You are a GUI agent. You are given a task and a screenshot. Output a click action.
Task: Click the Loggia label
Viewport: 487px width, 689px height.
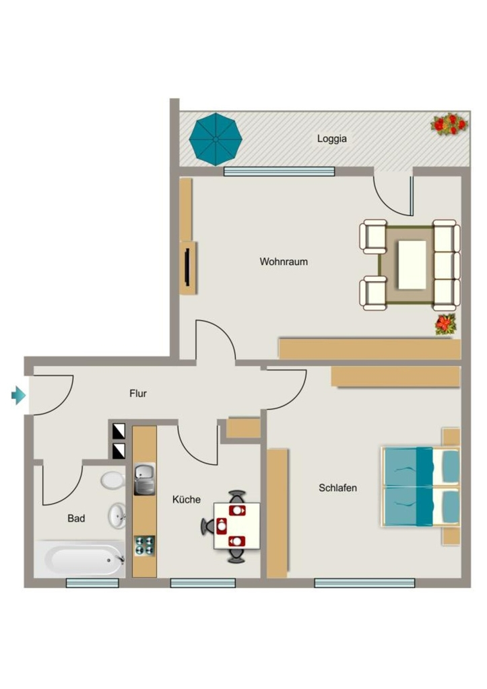331,139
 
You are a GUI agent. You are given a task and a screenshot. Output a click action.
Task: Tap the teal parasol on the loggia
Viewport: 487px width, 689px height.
216,139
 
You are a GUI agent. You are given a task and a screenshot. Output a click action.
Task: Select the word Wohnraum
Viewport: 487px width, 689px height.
284,262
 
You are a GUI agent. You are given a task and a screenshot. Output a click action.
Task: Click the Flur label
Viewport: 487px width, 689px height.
138,393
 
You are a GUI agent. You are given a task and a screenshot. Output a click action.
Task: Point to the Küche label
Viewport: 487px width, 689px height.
187,499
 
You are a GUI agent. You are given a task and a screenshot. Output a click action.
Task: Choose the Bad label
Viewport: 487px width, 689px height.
76,519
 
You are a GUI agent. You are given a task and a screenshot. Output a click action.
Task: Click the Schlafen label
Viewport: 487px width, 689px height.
338,488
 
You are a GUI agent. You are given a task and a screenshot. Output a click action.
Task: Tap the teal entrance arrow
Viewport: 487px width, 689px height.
18,395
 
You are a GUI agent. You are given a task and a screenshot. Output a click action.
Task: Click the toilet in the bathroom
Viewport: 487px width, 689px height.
112,480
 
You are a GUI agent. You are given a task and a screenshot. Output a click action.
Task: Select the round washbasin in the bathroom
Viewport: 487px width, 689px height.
117,515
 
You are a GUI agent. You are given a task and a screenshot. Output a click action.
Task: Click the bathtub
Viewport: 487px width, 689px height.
79,558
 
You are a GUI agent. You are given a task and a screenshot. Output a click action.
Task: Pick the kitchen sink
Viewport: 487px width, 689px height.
145,479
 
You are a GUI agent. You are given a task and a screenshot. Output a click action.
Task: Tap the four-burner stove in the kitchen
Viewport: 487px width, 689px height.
144,546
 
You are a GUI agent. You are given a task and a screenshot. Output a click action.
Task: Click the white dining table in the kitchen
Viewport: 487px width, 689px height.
236,525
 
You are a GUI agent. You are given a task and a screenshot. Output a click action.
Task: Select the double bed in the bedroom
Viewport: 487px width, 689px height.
420,486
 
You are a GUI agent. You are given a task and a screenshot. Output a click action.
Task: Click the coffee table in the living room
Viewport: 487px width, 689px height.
412,264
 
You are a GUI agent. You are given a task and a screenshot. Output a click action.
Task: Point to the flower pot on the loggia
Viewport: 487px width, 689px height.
449,124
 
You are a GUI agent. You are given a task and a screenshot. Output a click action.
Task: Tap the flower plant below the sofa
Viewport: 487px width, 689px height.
446,324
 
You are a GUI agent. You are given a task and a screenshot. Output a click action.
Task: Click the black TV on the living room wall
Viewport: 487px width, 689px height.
188,266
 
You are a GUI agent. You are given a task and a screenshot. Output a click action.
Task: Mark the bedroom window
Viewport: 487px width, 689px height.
364,583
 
